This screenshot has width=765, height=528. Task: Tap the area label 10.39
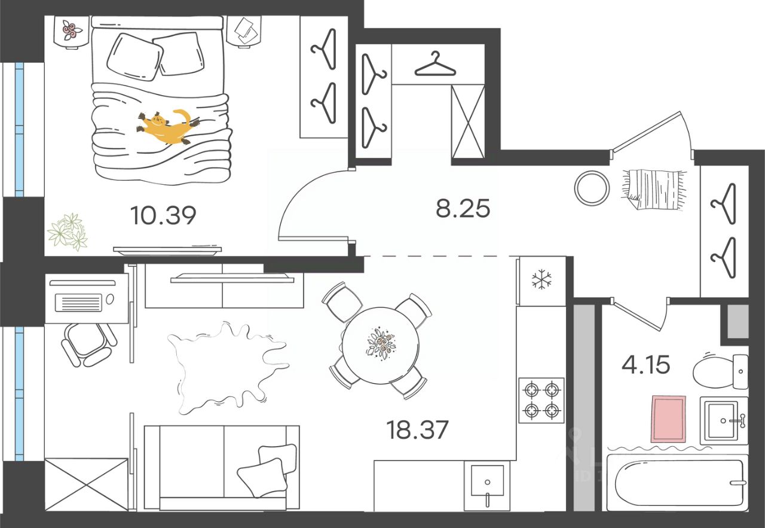(x=163, y=215)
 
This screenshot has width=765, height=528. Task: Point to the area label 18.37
(x=418, y=429)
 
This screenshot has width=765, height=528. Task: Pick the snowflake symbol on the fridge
(x=541, y=279)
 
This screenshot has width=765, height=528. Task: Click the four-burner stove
(x=541, y=401)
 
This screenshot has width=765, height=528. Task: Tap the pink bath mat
(x=669, y=419)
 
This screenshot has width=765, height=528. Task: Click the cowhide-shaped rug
(x=224, y=366)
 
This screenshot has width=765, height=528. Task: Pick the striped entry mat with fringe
(x=653, y=189)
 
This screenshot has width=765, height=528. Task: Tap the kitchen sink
(x=487, y=481)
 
